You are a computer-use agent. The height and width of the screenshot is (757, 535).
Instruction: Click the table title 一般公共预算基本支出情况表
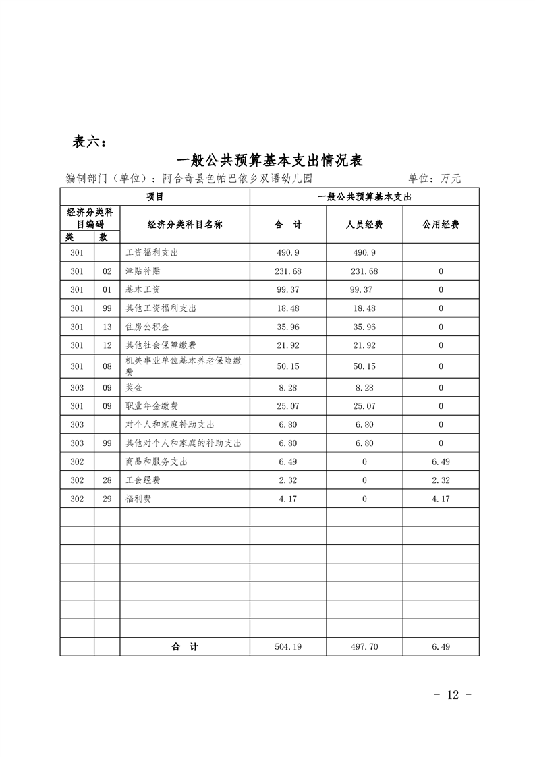pyautogui.click(x=269, y=160)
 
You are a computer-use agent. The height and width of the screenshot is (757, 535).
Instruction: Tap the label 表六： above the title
pyautogui.click(x=88, y=142)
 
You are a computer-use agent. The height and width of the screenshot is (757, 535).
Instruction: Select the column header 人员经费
pyautogui.click(x=364, y=225)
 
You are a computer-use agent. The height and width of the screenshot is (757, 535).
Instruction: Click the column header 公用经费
pyautogui.click(x=441, y=225)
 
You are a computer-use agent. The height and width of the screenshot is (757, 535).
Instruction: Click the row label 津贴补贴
pyautogui.click(x=143, y=271)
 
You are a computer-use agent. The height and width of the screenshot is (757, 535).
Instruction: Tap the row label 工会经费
pyautogui.click(x=143, y=480)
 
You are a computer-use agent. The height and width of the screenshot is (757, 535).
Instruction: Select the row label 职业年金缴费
pyautogui.click(x=152, y=406)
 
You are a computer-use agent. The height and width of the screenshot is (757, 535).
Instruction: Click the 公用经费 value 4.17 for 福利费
pyautogui.click(x=441, y=499)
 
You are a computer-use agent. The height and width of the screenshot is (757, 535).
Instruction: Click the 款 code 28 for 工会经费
pyautogui.click(x=107, y=480)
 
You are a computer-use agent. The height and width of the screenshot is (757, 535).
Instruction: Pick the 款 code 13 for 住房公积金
pyautogui.click(x=107, y=327)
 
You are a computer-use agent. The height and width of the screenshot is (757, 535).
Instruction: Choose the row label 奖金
pyautogui.click(x=134, y=388)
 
